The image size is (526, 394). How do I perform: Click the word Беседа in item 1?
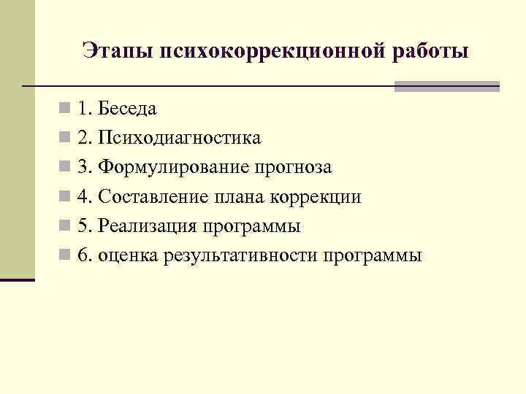click(128, 109)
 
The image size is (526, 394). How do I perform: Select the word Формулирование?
click(174, 168)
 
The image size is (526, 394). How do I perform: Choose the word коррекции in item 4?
click(316, 197)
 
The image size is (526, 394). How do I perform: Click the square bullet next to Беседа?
click(66, 109)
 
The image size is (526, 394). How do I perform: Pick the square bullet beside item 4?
click(66, 197)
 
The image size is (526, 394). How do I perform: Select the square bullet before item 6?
click(66, 255)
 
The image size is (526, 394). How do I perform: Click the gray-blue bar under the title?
click(446, 86)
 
